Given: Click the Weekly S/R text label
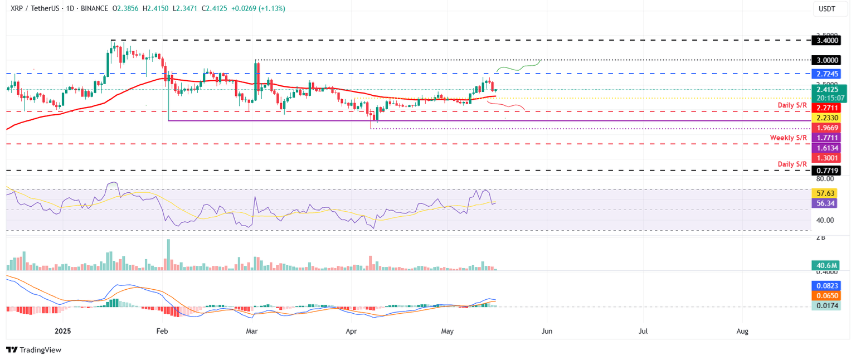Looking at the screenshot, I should tap(788, 138).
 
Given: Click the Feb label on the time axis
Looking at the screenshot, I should tap(162, 331).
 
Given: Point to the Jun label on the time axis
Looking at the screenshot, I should tap(547, 331).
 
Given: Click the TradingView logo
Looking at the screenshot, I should tap(34, 350).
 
